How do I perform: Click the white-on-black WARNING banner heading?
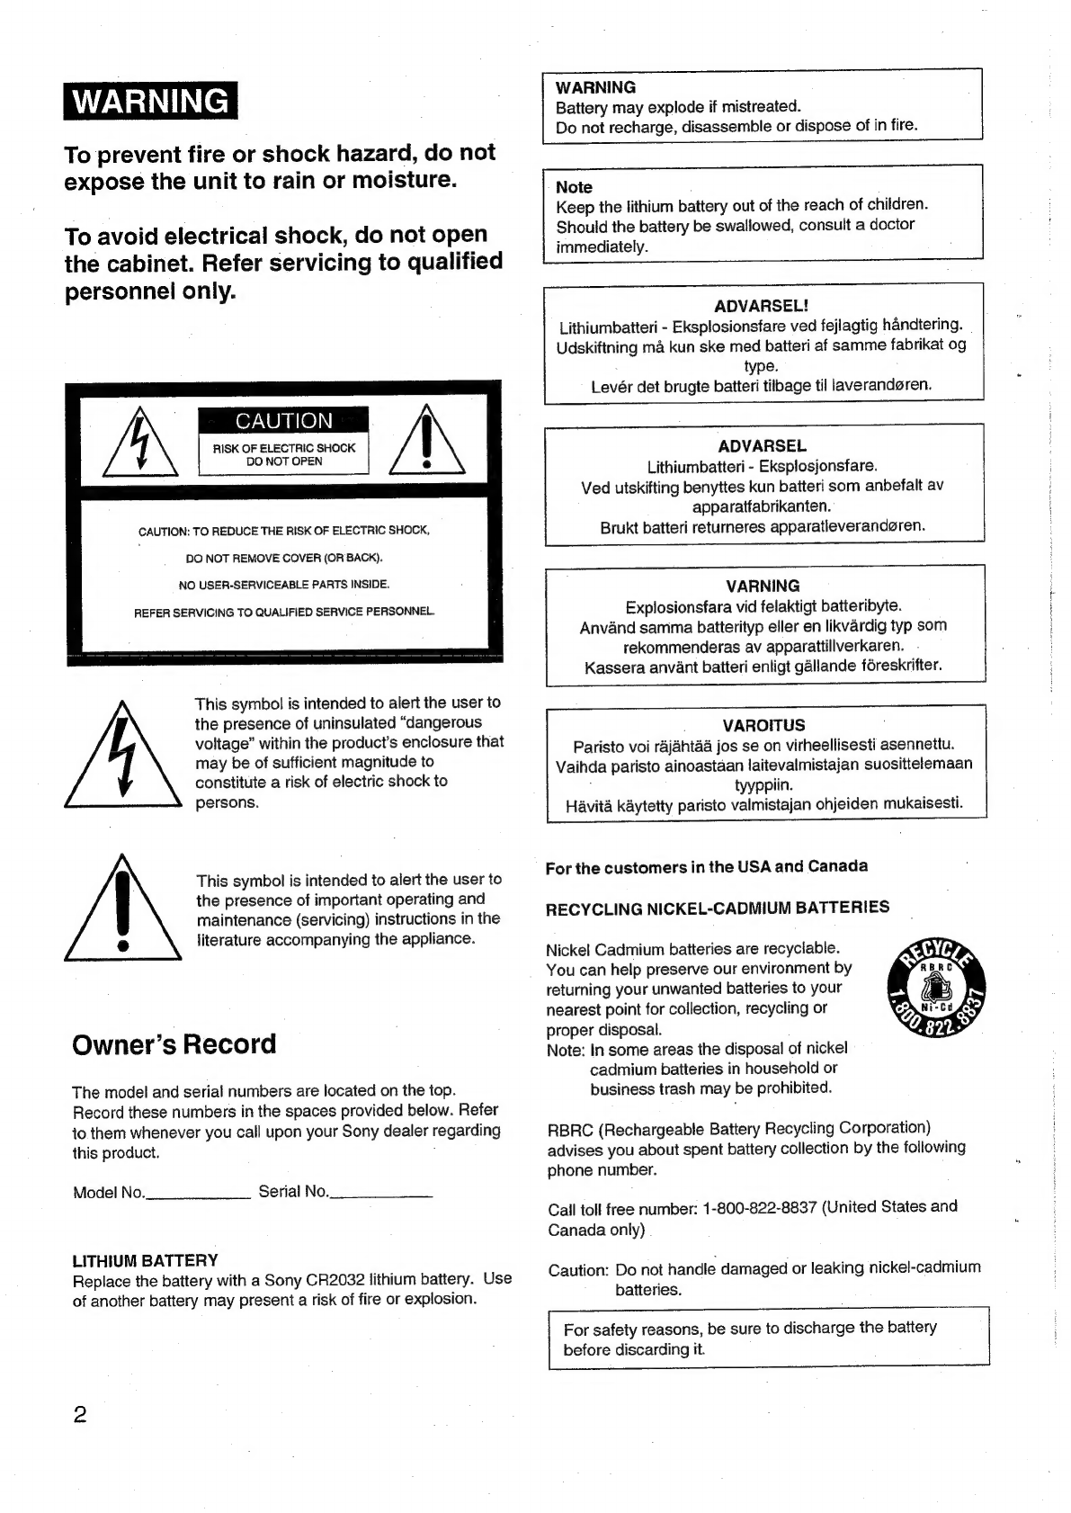click(x=150, y=101)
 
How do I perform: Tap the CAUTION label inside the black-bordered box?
click(x=283, y=421)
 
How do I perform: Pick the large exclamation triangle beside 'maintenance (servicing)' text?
click(x=123, y=910)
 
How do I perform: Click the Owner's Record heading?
click(x=174, y=1044)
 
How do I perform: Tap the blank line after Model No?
click(x=198, y=1195)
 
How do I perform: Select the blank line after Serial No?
click(x=381, y=1195)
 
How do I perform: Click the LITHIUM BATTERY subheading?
click(x=145, y=1260)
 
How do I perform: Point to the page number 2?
click(x=79, y=1415)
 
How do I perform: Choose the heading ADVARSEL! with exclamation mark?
click(x=762, y=307)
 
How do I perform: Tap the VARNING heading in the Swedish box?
click(x=763, y=586)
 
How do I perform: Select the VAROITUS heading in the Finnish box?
click(x=763, y=725)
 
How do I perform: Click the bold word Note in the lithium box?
click(x=574, y=187)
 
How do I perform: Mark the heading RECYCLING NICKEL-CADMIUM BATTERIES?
click(x=718, y=908)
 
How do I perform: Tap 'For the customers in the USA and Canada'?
click(x=706, y=867)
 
